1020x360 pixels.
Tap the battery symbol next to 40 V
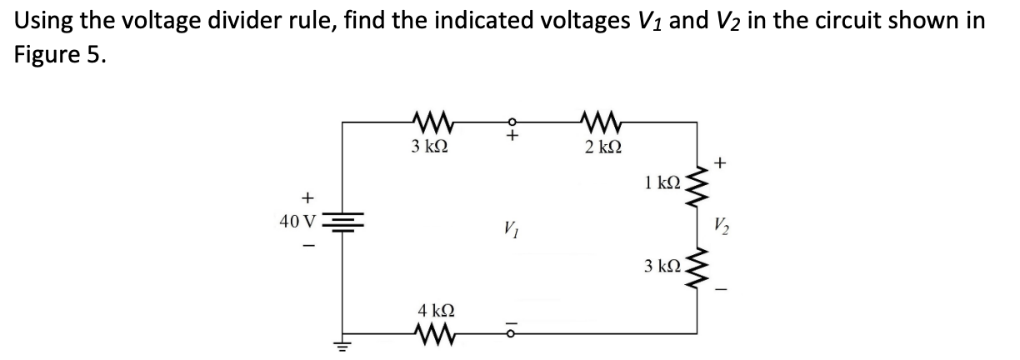click(344, 222)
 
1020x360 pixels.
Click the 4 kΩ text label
click(434, 311)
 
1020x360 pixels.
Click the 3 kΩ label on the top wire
click(429, 146)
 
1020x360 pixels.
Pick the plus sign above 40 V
click(307, 197)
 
